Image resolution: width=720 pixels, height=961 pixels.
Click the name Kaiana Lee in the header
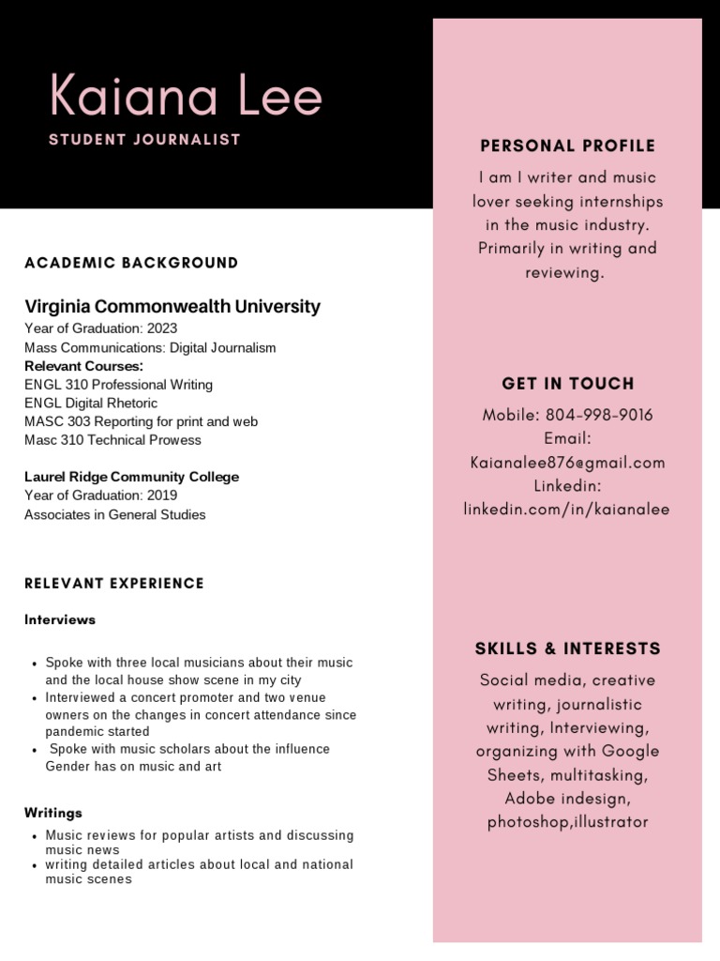click(x=186, y=98)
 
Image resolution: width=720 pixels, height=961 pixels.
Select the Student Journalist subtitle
click(x=144, y=140)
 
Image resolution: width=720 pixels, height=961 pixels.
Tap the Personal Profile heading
click(x=567, y=145)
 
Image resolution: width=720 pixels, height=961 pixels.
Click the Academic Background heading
click(x=131, y=263)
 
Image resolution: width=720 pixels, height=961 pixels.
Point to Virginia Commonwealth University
click(x=172, y=307)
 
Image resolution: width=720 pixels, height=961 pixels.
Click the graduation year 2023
click(x=161, y=328)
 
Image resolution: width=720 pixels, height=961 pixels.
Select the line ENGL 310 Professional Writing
click(x=118, y=385)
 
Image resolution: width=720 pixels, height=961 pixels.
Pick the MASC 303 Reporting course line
click(x=141, y=421)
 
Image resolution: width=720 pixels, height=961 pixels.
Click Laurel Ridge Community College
click(x=131, y=477)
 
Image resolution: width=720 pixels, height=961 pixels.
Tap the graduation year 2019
click(x=161, y=496)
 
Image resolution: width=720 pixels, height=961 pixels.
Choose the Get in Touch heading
click(x=567, y=384)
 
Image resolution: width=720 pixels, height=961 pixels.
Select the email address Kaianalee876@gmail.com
click(x=567, y=463)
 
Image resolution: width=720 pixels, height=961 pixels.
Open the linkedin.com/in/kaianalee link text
click(x=567, y=510)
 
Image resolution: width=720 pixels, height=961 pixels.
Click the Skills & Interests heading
click(x=567, y=648)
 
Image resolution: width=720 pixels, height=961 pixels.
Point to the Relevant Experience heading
click(x=114, y=584)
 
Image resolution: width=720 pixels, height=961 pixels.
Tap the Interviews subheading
click(x=60, y=620)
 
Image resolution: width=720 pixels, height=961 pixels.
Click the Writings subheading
click(x=53, y=813)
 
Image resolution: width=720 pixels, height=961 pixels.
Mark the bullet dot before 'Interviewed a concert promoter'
click(x=34, y=699)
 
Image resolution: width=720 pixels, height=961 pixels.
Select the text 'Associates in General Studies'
click(x=114, y=514)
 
